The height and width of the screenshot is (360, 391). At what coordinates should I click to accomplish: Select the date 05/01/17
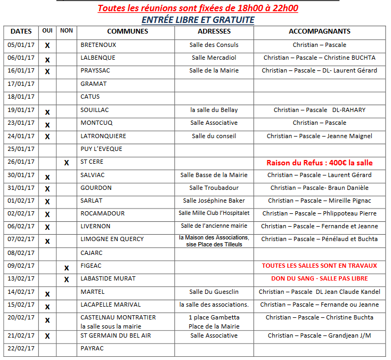[21, 45]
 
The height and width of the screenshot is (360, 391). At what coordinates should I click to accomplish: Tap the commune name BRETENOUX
[98, 45]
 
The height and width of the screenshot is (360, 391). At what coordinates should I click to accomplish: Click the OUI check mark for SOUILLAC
[47, 112]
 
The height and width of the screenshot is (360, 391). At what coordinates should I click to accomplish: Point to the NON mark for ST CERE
[67, 163]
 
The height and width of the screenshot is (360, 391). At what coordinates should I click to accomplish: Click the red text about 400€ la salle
[319, 162]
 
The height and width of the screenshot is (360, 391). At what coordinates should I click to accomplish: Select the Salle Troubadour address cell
[214, 188]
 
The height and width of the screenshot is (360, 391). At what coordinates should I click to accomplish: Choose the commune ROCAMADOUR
[102, 213]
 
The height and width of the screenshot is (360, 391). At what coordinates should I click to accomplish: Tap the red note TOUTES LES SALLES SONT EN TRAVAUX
[319, 266]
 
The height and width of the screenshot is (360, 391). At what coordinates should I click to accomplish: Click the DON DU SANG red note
[319, 278]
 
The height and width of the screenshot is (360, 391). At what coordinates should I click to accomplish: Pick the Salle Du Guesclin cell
[214, 292]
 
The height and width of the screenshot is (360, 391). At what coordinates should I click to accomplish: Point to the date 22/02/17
[21, 349]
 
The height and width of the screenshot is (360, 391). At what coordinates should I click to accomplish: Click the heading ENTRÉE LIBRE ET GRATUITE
[198, 20]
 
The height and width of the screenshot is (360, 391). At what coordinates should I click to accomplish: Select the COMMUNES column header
[127, 31]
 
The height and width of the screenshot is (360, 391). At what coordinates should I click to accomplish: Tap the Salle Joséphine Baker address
[214, 201]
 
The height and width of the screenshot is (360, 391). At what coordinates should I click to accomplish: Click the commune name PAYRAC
[92, 349]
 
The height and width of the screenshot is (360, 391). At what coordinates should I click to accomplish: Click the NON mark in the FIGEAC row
[67, 268]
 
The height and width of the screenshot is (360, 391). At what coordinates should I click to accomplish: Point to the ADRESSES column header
[214, 31]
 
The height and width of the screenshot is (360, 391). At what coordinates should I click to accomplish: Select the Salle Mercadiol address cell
[214, 58]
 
